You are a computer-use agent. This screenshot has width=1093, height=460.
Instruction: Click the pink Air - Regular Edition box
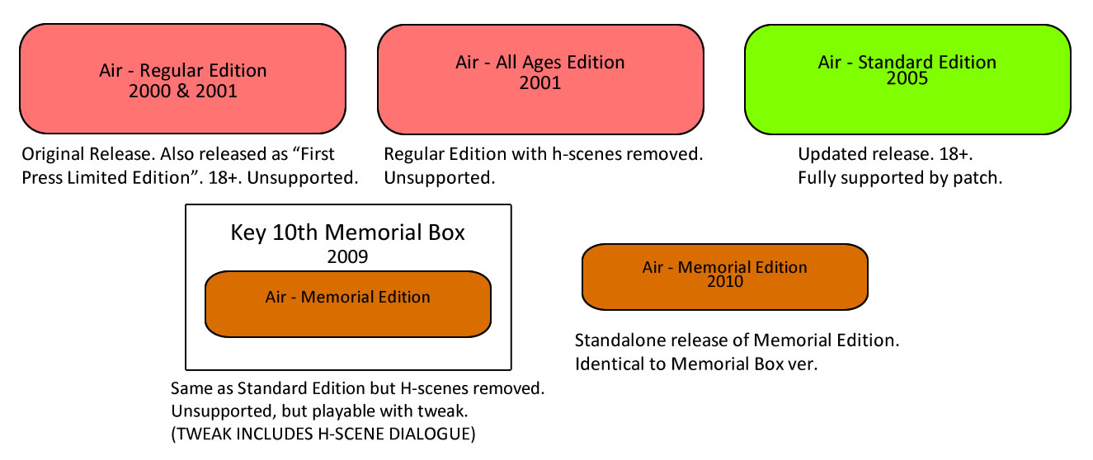click(x=182, y=78)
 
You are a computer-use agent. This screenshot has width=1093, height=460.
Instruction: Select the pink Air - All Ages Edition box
click(x=540, y=79)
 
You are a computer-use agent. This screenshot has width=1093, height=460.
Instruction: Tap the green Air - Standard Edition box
click(x=907, y=79)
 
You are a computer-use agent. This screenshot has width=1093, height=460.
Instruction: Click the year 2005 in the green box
click(x=907, y=78)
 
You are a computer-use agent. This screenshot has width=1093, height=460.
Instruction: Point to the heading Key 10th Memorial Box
click(x=347, y=232)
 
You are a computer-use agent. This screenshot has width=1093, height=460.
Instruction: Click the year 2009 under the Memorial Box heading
click(x=347, y=256)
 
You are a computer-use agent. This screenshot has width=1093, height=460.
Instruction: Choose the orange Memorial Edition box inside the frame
click(x=348, y=304)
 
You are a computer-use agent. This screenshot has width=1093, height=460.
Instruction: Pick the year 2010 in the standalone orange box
click(x=725, y=281)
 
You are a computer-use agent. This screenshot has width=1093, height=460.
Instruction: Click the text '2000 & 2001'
click(x=183, y=92)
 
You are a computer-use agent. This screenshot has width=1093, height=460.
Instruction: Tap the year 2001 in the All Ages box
click(x=540, y=83)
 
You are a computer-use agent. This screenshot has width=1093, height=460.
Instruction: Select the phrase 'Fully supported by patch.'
click(x=900, y=178)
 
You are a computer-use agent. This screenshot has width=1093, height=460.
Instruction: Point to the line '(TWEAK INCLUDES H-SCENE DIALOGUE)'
click(x=323, y=434)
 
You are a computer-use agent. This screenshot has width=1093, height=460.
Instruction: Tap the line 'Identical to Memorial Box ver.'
click(x=696, y=364)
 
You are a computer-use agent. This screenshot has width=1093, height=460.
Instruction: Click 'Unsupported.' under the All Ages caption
click(x=439, y=178)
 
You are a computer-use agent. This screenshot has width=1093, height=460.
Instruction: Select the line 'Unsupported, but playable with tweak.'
click(x=319, y=411)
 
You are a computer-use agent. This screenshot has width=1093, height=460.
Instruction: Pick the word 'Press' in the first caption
click(x=42, y=178)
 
